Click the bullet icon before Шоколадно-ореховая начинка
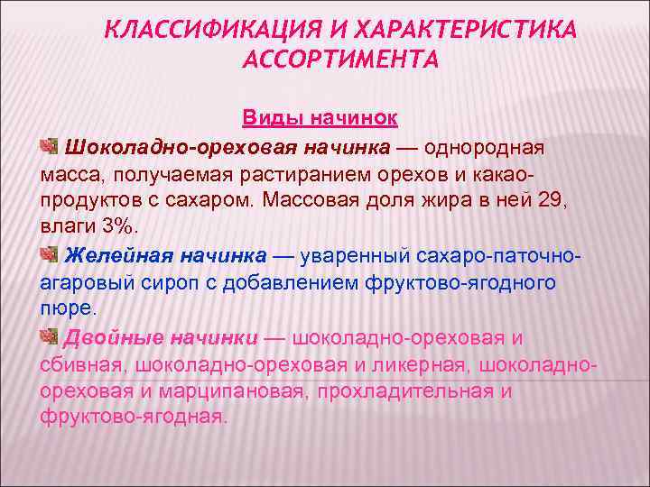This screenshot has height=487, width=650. point(49,146)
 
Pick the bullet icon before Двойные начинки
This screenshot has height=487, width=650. point(49,337)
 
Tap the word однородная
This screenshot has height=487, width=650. point(487,146)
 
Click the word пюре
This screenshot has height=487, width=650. point(67,308)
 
